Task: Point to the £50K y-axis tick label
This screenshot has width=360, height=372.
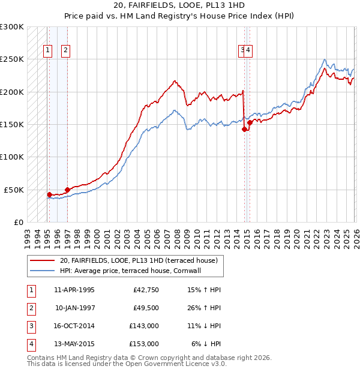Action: [x=13, y=190]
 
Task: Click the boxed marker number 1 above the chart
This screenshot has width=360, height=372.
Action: [x=47, y=51]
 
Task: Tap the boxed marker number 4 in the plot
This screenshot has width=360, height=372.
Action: [x=248, y=51]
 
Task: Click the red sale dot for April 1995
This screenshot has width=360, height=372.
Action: [x=49, y=194]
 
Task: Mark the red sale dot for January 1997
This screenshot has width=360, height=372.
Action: [x=67, y=190]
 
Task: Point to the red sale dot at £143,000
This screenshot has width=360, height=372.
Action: [x=244, y=129]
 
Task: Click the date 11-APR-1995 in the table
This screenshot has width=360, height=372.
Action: [x=74, y=290]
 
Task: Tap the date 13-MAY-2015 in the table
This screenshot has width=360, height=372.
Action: [x=74, y=344]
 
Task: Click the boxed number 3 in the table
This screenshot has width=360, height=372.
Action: [x=30, y=327]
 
